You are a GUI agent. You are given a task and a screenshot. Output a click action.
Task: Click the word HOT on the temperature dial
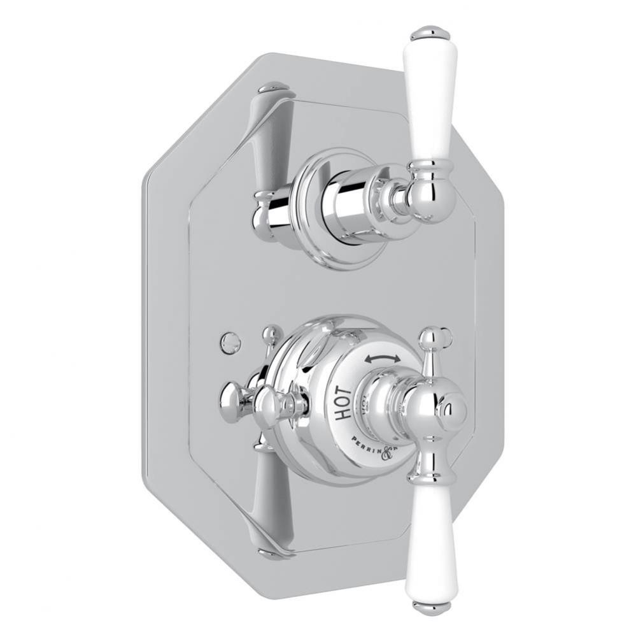(x=343, y=402)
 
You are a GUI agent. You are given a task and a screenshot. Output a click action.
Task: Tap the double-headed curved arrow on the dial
(x=383, y=359)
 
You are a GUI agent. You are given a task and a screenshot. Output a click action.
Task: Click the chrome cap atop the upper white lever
(x=430, y=32)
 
